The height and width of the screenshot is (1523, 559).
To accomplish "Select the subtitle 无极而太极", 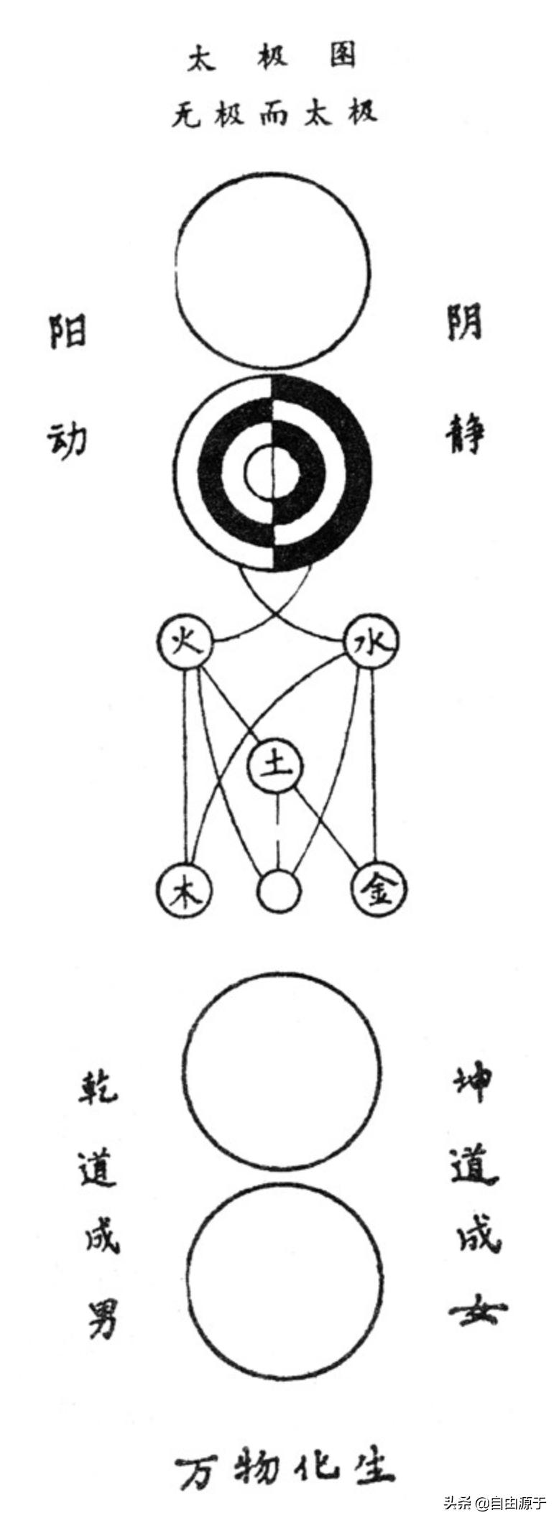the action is tap(274, 114).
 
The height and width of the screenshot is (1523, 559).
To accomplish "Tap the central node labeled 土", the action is tap(277, 767).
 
